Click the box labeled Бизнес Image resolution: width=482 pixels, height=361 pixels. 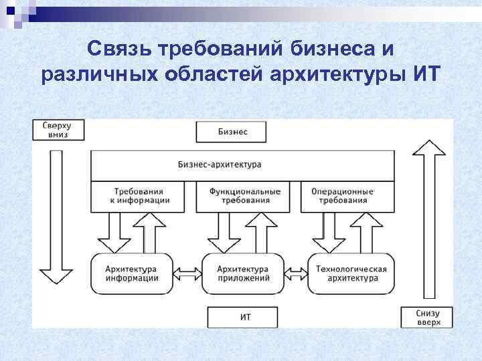click(x=231, y=132)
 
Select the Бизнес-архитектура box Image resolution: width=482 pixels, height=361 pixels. click(x=242, y=164)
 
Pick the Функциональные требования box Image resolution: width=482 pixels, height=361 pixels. click(x=244, y=196)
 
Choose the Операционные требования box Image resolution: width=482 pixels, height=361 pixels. click(x=343, y=196)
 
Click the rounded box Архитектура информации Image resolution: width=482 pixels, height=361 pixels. click(x=132, y=273)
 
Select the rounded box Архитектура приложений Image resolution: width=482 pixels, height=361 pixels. click(x=243, y=273)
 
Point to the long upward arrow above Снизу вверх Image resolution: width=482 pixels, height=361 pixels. click(x=428, y=221)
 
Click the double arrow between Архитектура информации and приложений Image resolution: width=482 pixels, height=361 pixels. click(x=188, y=273)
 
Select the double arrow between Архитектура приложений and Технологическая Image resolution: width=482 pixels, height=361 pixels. click(x=297, y=273)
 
